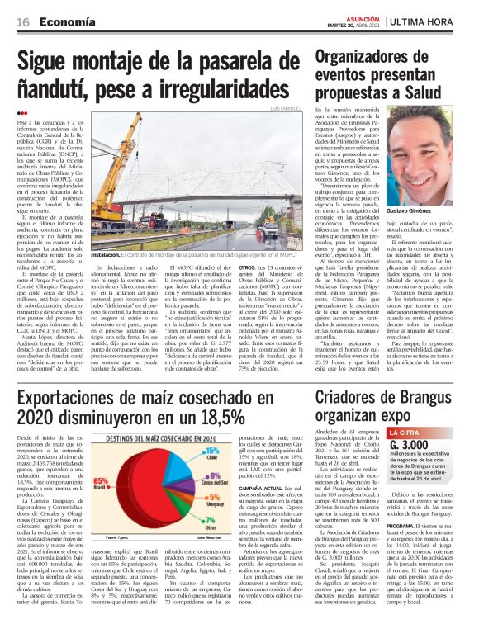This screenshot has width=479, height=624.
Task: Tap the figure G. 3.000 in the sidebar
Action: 428,446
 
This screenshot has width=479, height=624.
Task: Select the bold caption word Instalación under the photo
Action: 109,256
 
